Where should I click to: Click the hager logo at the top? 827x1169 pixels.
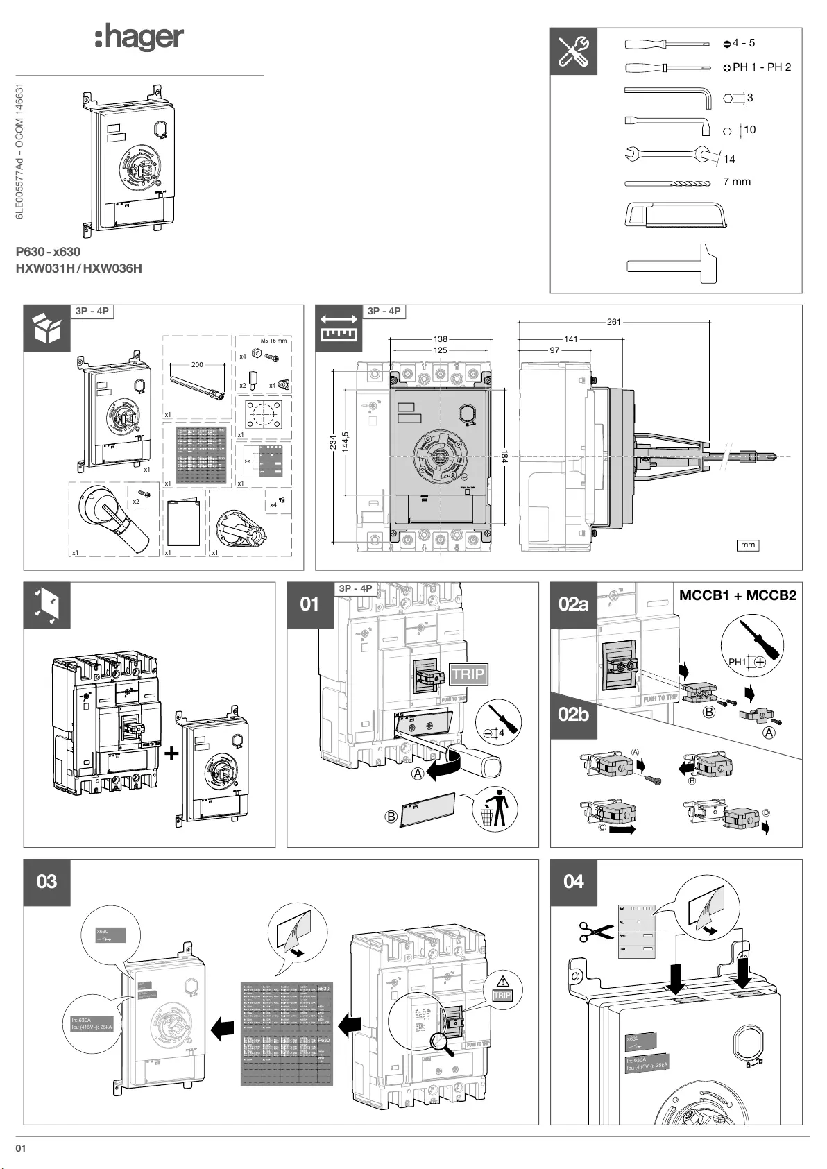click(139, 37)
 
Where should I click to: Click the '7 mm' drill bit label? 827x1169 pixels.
click(737, 182)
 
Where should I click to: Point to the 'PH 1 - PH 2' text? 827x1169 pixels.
click(761, 67)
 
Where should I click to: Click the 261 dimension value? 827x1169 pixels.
click(613, 322)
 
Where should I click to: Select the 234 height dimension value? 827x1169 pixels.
click(333, 443)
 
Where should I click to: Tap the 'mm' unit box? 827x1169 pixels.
click(747, 545)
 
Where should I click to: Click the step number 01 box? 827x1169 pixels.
click(310, 604)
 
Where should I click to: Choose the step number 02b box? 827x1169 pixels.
click(573, 713)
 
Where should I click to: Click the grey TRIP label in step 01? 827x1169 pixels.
click(468, 674)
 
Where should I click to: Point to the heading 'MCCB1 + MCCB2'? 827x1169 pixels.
click(738, 595)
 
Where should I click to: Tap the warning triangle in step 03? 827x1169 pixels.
click(503, 981)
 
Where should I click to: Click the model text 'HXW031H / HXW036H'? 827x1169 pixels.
click(79, 268)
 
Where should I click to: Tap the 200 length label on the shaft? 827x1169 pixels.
click(197, 364)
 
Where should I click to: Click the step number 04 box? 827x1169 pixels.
click(574, 882)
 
